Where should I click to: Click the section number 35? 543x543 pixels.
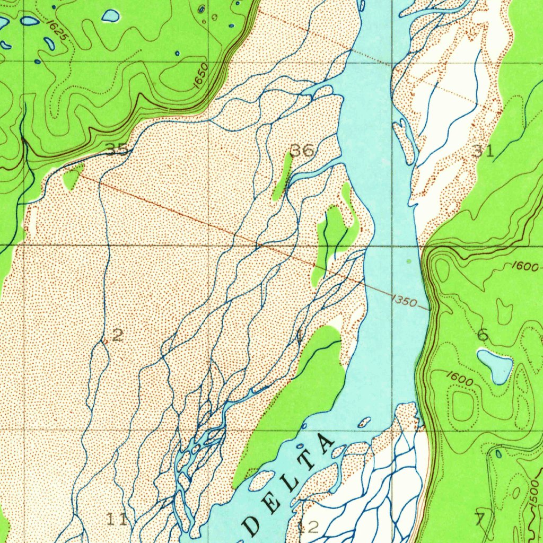point(116,150)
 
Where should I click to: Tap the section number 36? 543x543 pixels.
point(302,151)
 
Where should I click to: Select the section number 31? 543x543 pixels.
point(484,151)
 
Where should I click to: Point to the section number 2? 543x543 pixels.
point(118,335)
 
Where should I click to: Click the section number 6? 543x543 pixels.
point(483,335)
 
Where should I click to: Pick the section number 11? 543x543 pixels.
point(117,519)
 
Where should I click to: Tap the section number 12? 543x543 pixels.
point(308,527)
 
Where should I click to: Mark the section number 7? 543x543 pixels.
point(480,519)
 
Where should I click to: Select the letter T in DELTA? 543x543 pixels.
point(309,465)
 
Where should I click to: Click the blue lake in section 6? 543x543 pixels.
point(495,365)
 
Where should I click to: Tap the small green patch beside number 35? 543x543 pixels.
point(72,176)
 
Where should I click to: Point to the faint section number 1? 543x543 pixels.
point(300,335)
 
